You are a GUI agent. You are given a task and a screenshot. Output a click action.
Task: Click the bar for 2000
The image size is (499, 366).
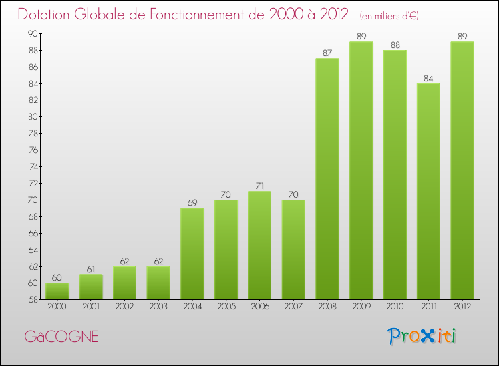[x=57, y=291]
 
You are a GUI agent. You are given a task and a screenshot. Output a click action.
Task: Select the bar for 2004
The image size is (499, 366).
[x=192, y=254]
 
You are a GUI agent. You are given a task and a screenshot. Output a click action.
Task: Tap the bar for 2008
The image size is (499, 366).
[x=327, y=179]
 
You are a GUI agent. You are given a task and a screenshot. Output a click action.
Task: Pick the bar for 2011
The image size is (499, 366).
[x=428, y=191]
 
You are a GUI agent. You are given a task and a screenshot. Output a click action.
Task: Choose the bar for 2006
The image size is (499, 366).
[x=259, y=246]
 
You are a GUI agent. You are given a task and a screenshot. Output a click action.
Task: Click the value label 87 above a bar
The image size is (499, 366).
[x=327, y=53]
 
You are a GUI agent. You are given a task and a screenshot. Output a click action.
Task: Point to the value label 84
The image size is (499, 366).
[x=428, y=78]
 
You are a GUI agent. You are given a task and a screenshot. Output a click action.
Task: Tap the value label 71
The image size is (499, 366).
[x=259, y=186]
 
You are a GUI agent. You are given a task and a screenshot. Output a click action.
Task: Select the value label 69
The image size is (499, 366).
[x=192, y=203]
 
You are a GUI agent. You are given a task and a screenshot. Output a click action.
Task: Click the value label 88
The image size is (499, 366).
[x=395, y=45]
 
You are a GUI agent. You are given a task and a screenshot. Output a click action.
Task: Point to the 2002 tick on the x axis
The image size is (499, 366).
[x=124, y=307]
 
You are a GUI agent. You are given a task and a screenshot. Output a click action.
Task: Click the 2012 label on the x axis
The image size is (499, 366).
[x=462, y=307]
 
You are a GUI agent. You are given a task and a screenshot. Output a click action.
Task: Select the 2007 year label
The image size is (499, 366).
[x=293, y=307]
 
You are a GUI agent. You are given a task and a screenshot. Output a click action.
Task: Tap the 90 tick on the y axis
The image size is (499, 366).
[x=32, y=33]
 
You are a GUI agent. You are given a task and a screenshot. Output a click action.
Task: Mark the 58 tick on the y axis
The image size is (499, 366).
[x=32, y=299]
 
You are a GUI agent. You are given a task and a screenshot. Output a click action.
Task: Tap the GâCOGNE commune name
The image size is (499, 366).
[x=61, y=337]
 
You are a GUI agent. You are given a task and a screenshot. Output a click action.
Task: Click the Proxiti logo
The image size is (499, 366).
[x=422, y=336]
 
